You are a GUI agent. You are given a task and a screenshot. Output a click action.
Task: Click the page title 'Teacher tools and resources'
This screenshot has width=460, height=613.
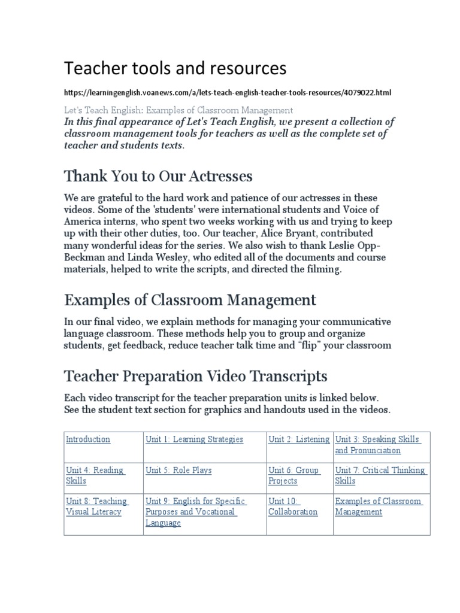click(x=175, y=69)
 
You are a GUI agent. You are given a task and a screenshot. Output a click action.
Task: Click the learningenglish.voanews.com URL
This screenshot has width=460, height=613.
click(x=228, y=93)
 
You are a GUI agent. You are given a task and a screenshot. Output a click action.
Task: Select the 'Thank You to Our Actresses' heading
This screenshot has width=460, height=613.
click(x=158, y=177)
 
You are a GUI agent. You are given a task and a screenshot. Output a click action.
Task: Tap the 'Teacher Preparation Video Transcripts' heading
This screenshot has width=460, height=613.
click(x=195, y=376)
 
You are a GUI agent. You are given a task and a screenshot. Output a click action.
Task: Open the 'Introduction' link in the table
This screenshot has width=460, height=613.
click(x=88, y=439)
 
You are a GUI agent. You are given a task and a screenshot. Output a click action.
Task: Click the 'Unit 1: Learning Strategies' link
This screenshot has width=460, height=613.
click(x=194, y=439)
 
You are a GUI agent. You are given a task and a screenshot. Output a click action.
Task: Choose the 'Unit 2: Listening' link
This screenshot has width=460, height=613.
click(x=298, y=439)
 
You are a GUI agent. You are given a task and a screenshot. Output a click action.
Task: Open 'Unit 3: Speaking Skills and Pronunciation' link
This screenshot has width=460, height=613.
click(x=377, y=445)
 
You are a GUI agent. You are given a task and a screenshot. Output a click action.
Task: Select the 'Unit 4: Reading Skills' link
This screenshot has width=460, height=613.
click(x=95, y=475)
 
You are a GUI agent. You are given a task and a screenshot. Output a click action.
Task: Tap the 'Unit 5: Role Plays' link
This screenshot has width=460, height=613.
click(x=178, y=471)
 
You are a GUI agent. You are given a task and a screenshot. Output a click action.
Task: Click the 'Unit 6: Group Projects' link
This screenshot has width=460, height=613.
click(x=294, y=475)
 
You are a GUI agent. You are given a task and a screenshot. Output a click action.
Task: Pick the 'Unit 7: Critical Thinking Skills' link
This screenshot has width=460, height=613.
click(x=380, y=475)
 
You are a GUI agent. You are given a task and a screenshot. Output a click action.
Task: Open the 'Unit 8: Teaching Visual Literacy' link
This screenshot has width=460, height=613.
click(x=96, y=506)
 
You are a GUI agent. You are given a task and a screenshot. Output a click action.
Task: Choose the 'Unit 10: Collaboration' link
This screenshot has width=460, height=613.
click(x=292, y=506)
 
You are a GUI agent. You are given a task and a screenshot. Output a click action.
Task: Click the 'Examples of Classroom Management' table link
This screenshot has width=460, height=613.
click(x=378, y=506)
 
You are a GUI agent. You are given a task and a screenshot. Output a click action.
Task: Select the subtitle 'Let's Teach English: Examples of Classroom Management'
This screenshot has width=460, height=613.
click(x=178, y=110)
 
